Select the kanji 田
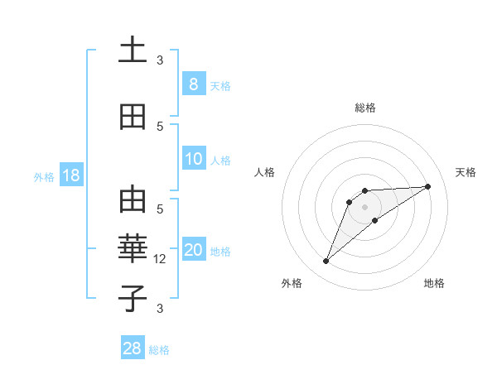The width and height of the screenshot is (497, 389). tap(133, 118)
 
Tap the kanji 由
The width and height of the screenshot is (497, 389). tap(133, 201)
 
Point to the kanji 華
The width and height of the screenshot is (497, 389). tap(133, 249)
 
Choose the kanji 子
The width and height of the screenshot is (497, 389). tap(133, 298)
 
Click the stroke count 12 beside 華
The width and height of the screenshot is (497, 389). tap(161, 259)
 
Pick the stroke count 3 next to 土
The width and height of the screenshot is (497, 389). tap(160, 60)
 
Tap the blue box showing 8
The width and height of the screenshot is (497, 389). tap(193, 84)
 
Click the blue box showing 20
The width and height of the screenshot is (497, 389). tap(194, 250)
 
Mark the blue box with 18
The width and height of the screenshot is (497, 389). tap(70, 175)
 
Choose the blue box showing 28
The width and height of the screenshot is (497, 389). tap(133, 348)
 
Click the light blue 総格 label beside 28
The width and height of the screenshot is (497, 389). tap(159, 350)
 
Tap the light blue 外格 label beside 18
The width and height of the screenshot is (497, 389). tap(44, 176)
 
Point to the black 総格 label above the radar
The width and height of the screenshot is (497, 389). tap(364, 108)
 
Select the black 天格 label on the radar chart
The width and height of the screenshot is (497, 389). tap(466, 172)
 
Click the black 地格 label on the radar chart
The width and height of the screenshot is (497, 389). tap(434, 283)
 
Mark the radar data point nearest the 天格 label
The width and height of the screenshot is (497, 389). tap(428, 186)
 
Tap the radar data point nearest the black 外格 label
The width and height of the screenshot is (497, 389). tap(326, 262)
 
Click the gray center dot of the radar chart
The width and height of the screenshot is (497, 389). tap(364, 206)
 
